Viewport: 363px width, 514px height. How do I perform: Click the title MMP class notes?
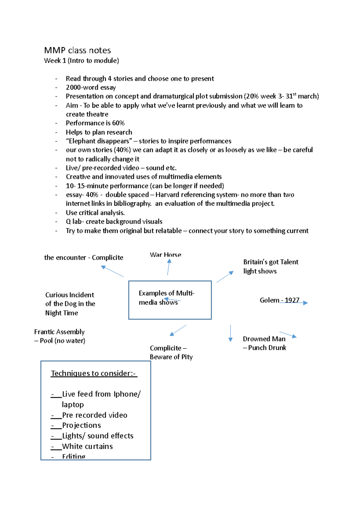(x=77, y=50)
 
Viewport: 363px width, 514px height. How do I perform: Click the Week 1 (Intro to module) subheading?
(x=81, y=61)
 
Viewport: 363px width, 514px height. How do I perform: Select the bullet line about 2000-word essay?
(x=91, y=87)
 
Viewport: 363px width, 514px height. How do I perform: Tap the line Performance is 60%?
(x=95, y=123)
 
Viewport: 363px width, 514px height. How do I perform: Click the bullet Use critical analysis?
(x=95, y=213)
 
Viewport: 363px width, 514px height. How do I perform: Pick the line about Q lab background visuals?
(x=114, y=222)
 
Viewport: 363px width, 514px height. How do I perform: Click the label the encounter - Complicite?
(x=83, y=258)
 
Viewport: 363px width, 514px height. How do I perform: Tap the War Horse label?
(x=165, y=255)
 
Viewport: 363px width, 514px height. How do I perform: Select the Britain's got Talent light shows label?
(x=270, y=266)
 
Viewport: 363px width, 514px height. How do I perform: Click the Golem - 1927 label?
(x=279, y=300)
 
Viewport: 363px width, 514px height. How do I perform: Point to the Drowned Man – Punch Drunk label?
(x=264, y=343)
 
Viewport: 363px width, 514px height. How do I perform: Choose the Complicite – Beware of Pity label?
(x=171, y=352)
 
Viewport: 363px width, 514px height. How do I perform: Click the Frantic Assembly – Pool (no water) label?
(x=60, y=336)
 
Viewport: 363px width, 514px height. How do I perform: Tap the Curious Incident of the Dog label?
(x=70, y=304)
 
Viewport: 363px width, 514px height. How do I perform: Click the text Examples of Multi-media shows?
(x=166, y=298)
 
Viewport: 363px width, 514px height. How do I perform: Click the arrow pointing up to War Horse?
(x=169, y=267)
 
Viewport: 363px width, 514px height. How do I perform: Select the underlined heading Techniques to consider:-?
(x=94, y=374)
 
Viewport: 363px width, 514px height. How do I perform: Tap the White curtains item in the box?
(x=87, y=446)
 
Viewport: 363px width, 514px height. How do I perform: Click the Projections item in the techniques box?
(x=81, y=425)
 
